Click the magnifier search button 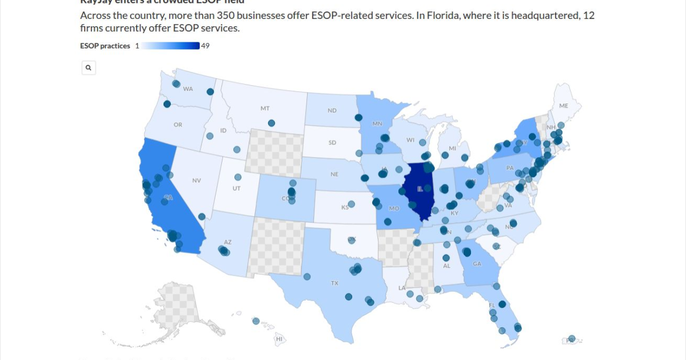coord(89,68)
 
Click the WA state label coord(188,89)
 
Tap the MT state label coord(265,108)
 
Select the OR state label coord(178,125)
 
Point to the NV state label coord(197,181)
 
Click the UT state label coord(236,189)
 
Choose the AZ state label coord(228,242)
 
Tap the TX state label coord(334,283)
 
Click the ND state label coord(332,110)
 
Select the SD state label coord(332,142)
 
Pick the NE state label coord(334,174)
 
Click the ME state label coord(564,106)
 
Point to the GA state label coord(477,264)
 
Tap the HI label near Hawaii coord(280,339)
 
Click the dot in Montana coord(271,123)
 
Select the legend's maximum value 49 coord(205,46)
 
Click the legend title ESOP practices coord(105,46)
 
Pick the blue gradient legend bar coord(170,46)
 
